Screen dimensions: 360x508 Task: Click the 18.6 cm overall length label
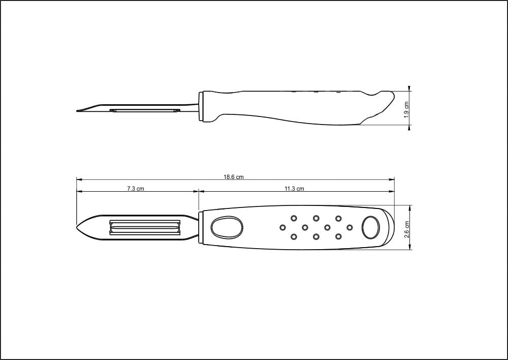(234, 177)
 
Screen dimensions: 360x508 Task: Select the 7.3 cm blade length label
(136, 189)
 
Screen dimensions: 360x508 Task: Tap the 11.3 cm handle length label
(295, 189)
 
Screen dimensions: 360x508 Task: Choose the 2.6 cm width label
(406, 228)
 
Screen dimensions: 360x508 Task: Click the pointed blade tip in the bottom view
(78, 227)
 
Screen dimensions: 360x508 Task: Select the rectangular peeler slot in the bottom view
(145, 227)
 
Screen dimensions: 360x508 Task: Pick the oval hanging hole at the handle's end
(370, 227)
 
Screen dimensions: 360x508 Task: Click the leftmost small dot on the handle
(283, 227)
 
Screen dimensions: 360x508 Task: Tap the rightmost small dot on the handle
(350, 227)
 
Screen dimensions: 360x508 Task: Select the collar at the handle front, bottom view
(201, 227)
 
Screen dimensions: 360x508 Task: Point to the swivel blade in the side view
(145, 110)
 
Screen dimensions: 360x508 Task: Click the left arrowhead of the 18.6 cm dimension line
(78, 179)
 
